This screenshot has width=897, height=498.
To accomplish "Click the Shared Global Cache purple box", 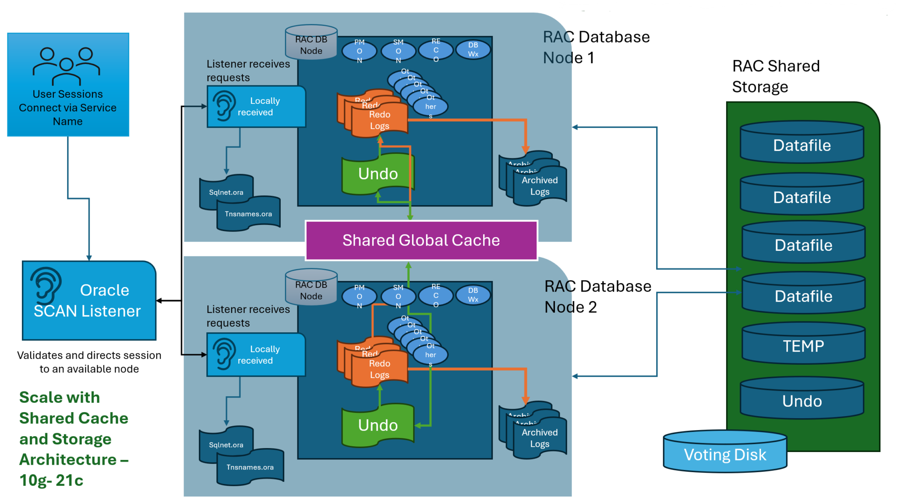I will click(x=421, y=240).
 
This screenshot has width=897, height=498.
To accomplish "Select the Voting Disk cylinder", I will click(x=725, y=454).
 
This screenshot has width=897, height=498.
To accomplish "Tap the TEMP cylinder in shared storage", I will click(x=803, y=346).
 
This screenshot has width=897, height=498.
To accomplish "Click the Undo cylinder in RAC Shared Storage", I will click(x=802, y=400).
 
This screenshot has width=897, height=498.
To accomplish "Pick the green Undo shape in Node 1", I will click(x=378, y=174).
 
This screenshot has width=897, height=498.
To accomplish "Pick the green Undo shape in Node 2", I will click(x=378, y=425).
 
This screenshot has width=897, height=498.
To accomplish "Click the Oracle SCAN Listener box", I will click(x=89, y=301).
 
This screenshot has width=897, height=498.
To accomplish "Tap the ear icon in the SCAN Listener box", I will click(x=46, y=285).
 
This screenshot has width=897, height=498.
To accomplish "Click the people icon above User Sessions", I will click(x=66, y=66).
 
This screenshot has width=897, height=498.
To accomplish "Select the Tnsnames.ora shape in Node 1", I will click(x=248, y=214).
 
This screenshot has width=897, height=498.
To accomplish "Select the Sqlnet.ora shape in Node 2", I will click(x=226, y=445).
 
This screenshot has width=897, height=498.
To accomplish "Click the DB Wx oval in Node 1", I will click(x=473, y=50).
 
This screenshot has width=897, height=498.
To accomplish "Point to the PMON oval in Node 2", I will click(x=359, y=296).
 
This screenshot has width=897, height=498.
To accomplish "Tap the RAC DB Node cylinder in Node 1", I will click(x=311, y=44).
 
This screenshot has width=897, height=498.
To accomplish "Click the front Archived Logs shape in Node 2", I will click(x=540, y=438).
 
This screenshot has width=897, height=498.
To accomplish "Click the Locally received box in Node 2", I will click(x=256, y=355).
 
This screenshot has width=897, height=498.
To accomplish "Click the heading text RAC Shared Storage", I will click(x=775, y=76).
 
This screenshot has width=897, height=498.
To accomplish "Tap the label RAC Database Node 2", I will click(x=597, y=296).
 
